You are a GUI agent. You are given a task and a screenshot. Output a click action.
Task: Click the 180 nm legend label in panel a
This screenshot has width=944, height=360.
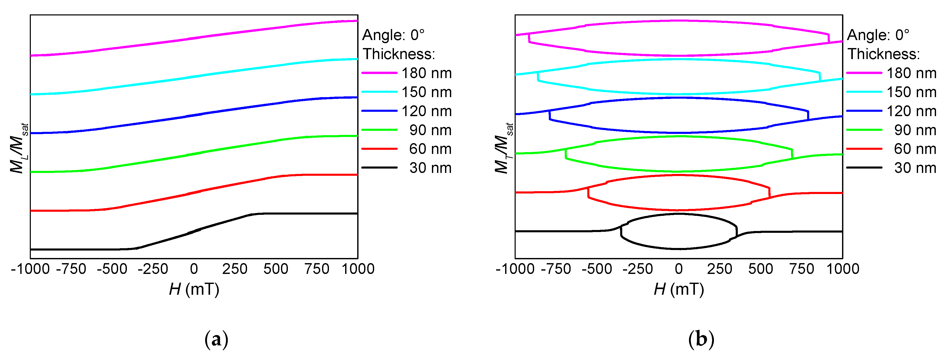(x=427, y=73)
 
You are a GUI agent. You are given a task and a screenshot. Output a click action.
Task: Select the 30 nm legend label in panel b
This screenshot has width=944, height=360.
(x=915, y=168)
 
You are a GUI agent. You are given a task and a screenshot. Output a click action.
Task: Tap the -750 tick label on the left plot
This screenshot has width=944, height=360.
(x=71, y=269)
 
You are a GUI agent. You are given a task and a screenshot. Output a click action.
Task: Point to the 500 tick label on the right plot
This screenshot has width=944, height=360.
(x=760, y=269)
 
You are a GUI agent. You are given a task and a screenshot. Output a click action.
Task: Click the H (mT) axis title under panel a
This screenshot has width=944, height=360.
(x=194, y=289)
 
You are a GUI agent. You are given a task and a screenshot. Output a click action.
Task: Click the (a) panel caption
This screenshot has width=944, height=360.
(x=216, y=339)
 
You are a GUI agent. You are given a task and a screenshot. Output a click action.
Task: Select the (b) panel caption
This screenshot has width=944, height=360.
(x=701, y=339)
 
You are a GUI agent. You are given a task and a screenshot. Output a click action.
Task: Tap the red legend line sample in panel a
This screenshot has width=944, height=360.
(x=379, y=149)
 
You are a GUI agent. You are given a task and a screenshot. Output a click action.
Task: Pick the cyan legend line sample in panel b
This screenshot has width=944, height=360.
(x=864, y=92)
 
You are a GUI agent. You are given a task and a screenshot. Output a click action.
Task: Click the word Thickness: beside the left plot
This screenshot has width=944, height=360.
(x=399, y=54)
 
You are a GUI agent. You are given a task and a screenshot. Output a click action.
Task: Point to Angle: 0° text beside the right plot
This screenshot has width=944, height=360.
(x=878, y=35)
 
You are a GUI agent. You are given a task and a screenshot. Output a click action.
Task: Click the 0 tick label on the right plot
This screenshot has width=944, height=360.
(x=679, y=269)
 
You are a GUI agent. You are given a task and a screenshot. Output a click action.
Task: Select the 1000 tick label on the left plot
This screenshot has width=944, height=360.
(x=358, y=269)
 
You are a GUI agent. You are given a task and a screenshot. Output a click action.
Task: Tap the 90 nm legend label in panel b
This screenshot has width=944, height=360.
(x=915, y=130)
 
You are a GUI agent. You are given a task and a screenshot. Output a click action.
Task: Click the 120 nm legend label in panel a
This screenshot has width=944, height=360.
(x=427, y=111)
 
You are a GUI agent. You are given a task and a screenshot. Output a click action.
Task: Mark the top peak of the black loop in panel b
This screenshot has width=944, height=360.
(x=679, y=214)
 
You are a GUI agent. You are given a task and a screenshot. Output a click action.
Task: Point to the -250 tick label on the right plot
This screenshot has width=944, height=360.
(x=638, y=269)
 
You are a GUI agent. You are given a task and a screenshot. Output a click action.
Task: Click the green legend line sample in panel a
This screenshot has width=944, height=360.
(x=379, y=130)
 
